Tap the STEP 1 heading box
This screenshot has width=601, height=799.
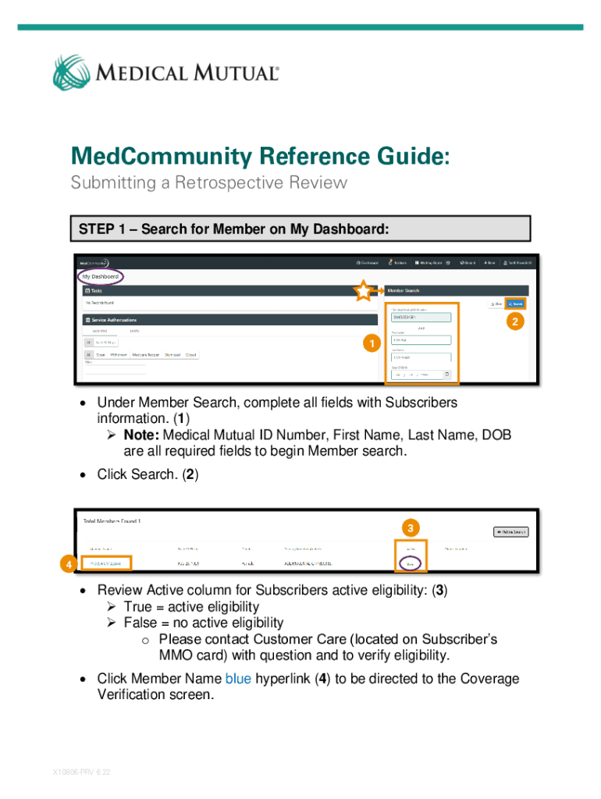[x=301, y=229]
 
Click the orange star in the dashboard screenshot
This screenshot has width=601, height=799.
[x=364, y=292]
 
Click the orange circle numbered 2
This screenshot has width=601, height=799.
[x=513, y=321]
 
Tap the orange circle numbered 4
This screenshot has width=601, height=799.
[x=69, y=563]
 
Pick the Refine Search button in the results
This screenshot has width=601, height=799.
[x=510, y=532]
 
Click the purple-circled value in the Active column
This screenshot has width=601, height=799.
[x=410, y=563]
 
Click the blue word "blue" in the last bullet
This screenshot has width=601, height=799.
[x=238, y=679]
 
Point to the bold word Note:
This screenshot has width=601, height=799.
[x=141, y=435]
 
